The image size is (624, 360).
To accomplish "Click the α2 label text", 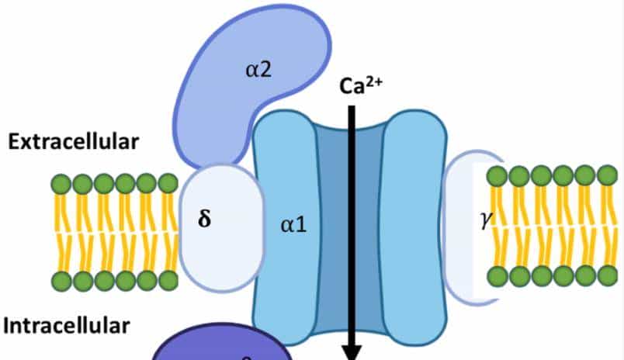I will tap(258, 71).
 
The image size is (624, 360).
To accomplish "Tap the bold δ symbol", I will tap(204, 218).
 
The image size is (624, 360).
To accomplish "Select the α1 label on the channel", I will tap(293, 226).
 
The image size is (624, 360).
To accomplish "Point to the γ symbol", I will tap(487, 221).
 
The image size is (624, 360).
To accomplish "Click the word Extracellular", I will tap(73, 142).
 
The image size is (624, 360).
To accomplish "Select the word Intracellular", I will tap(67, 325).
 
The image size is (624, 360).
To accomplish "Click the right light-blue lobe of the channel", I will tap(414, 225).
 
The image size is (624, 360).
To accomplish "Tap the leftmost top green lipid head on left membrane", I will tap(61, 185).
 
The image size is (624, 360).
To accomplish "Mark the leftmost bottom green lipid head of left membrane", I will tap(61, 281).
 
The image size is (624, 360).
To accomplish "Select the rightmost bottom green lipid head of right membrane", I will tap(607, 275).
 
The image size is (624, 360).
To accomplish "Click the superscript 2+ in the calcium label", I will tap(375, 79).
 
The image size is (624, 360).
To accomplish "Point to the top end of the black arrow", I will tap(352, 107).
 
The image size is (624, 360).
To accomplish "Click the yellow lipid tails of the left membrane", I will tap(116, 233).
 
